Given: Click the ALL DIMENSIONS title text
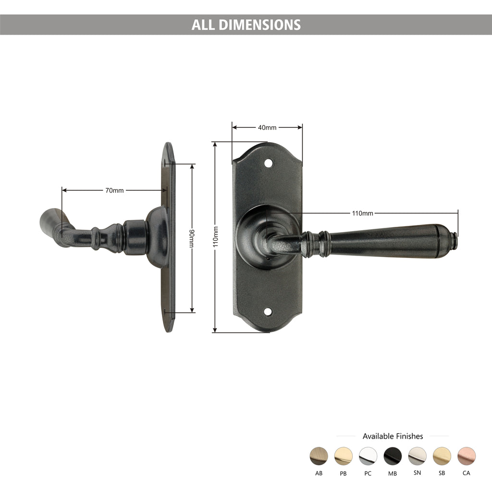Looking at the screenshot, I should tap(246, 25).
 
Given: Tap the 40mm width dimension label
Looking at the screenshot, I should tap(267, 127).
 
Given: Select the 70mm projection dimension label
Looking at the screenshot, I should tap(114, 190).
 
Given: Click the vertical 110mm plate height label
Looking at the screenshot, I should tap(215, 237).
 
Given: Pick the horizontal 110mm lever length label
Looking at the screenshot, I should tap(363, 213).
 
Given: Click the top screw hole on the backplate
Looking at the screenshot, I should tap(268, 164).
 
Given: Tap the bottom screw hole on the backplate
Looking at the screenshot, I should tap(267, 311).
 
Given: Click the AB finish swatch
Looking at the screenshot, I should tap(319, 456).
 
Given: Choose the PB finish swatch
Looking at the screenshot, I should tap(343, 456).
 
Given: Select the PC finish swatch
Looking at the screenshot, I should tap(368, 456).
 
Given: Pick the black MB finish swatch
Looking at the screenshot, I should tap(393, 456).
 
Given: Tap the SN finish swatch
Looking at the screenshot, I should tap(417, 456).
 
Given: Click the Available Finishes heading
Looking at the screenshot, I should tap(393, 436).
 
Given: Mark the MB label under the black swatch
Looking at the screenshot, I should tap(393, 473).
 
